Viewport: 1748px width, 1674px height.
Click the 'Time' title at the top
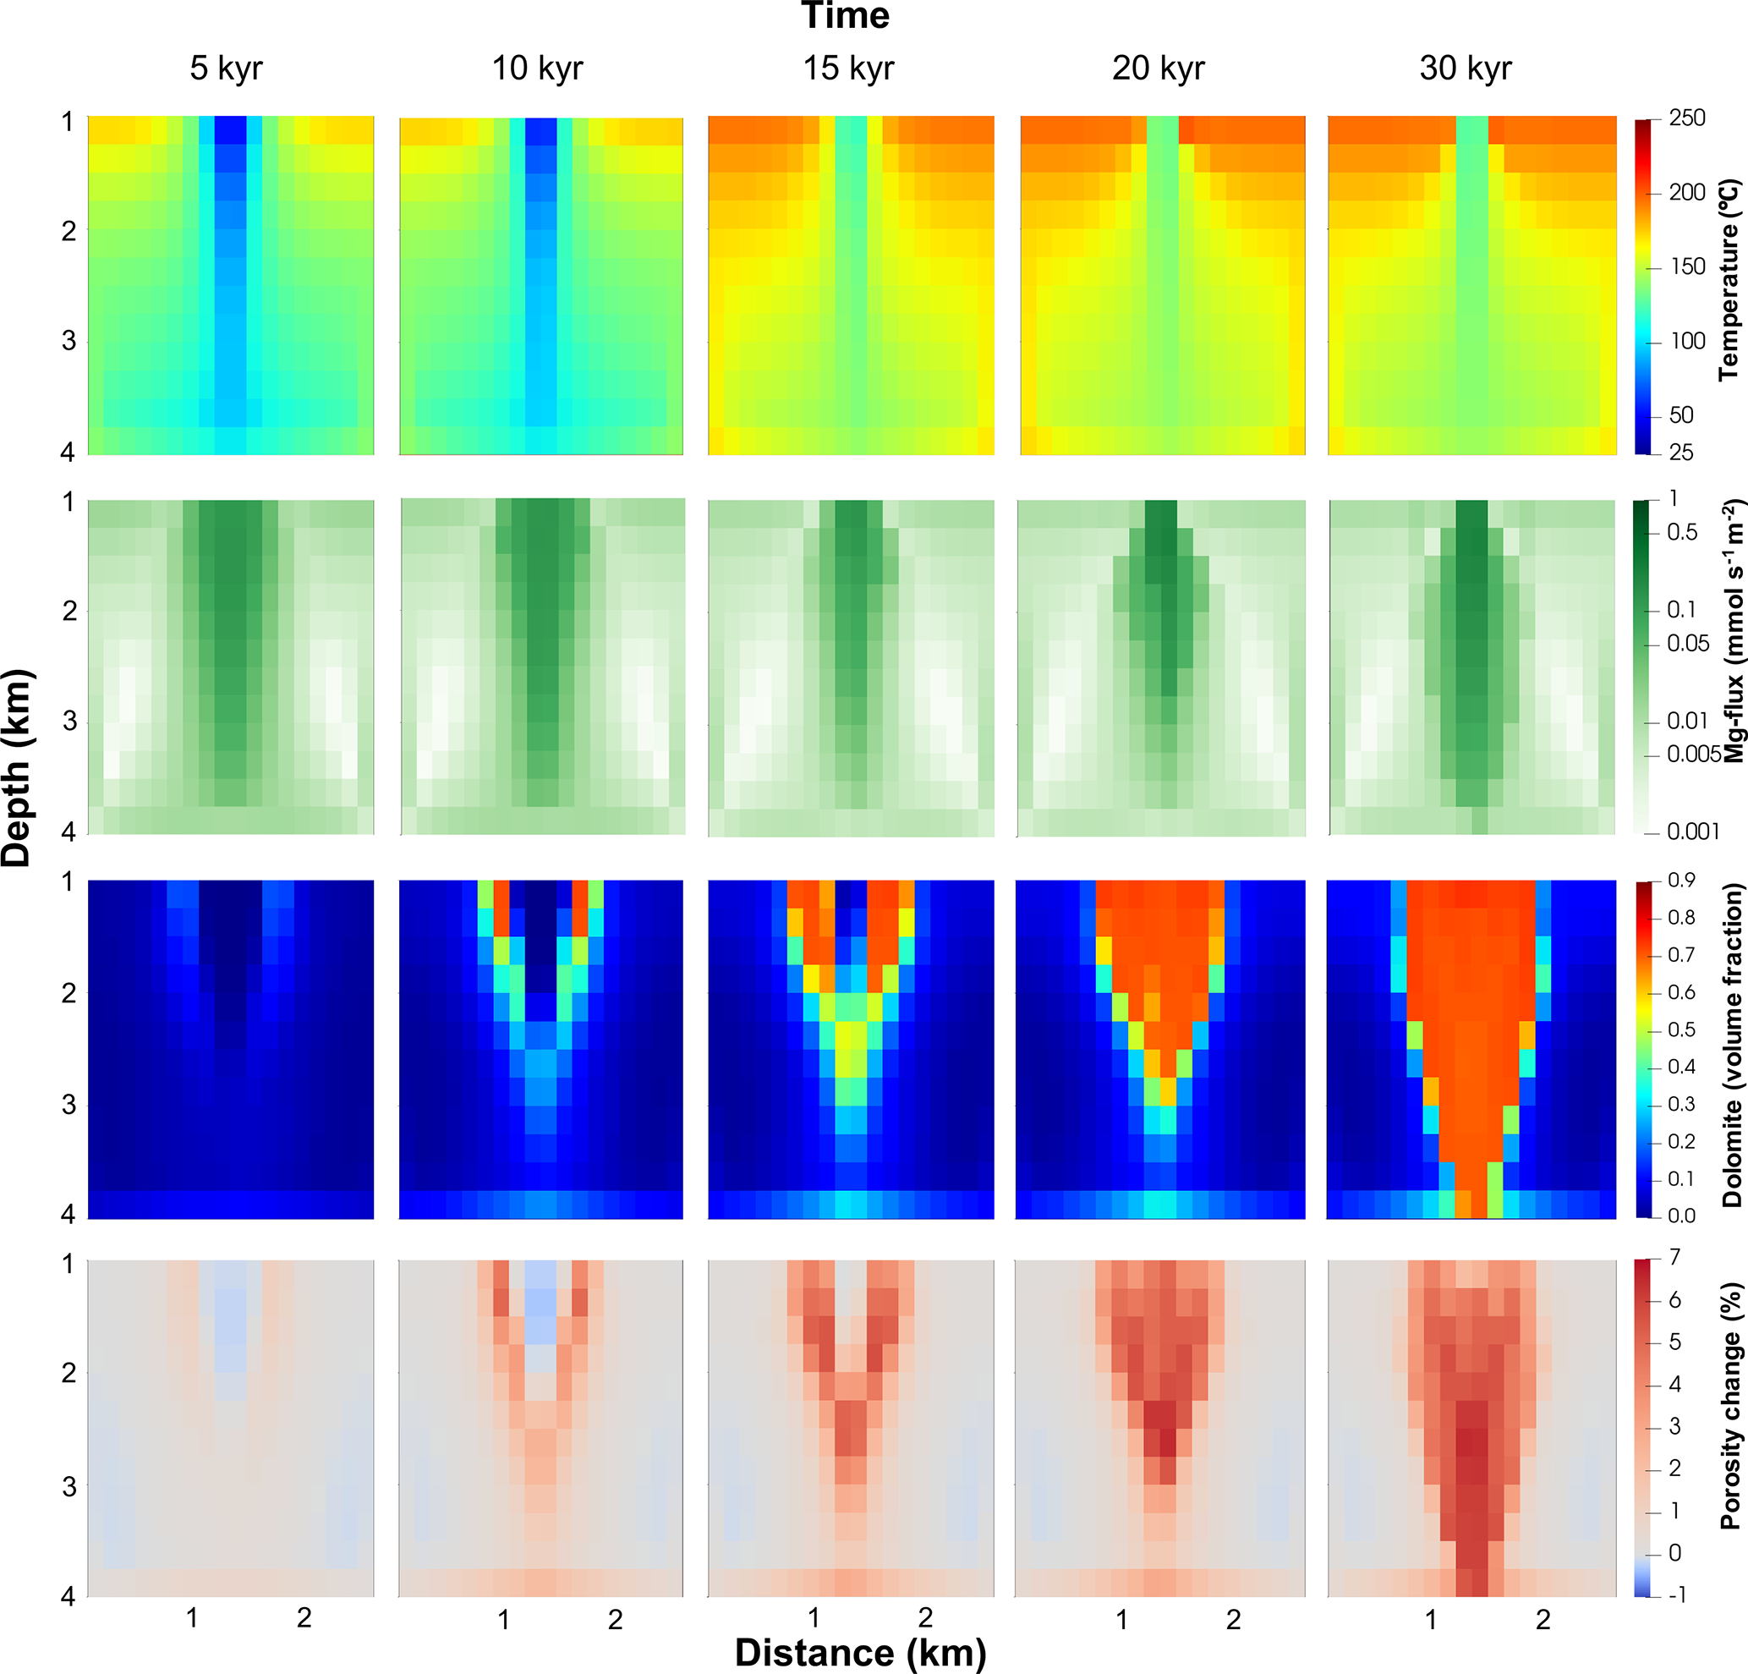click(x=845, y=17)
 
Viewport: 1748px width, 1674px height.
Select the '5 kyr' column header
click(x=226, y=69)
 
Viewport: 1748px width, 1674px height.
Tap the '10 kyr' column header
click(x=537, y=69)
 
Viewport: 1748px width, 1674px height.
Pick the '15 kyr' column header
click(x=848, y=69)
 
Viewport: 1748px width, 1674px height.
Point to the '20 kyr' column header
click(x=1158, y=69)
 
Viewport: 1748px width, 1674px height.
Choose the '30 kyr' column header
click(x=1466, y=69)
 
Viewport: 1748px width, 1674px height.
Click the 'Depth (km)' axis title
click(x=18, y=768)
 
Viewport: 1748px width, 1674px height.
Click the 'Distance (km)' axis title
click(x=861, y=1653)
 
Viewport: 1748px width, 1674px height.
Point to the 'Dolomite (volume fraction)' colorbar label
click(x=1731, y=1045)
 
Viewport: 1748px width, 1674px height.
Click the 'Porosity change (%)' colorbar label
click(x=1730, y=1407)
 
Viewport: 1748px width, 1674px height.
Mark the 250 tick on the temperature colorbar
click(x=1686, y=118)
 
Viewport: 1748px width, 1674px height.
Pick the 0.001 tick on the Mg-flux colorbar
click(x=1692, y=832)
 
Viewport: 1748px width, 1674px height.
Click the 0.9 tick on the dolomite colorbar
click(x=1681, y=881)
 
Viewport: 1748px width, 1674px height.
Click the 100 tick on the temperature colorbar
click(x=1687, y=342)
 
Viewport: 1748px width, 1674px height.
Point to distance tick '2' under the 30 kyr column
click(x=1543, y=1620)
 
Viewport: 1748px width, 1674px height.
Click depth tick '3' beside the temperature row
click(x=68, y=341)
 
